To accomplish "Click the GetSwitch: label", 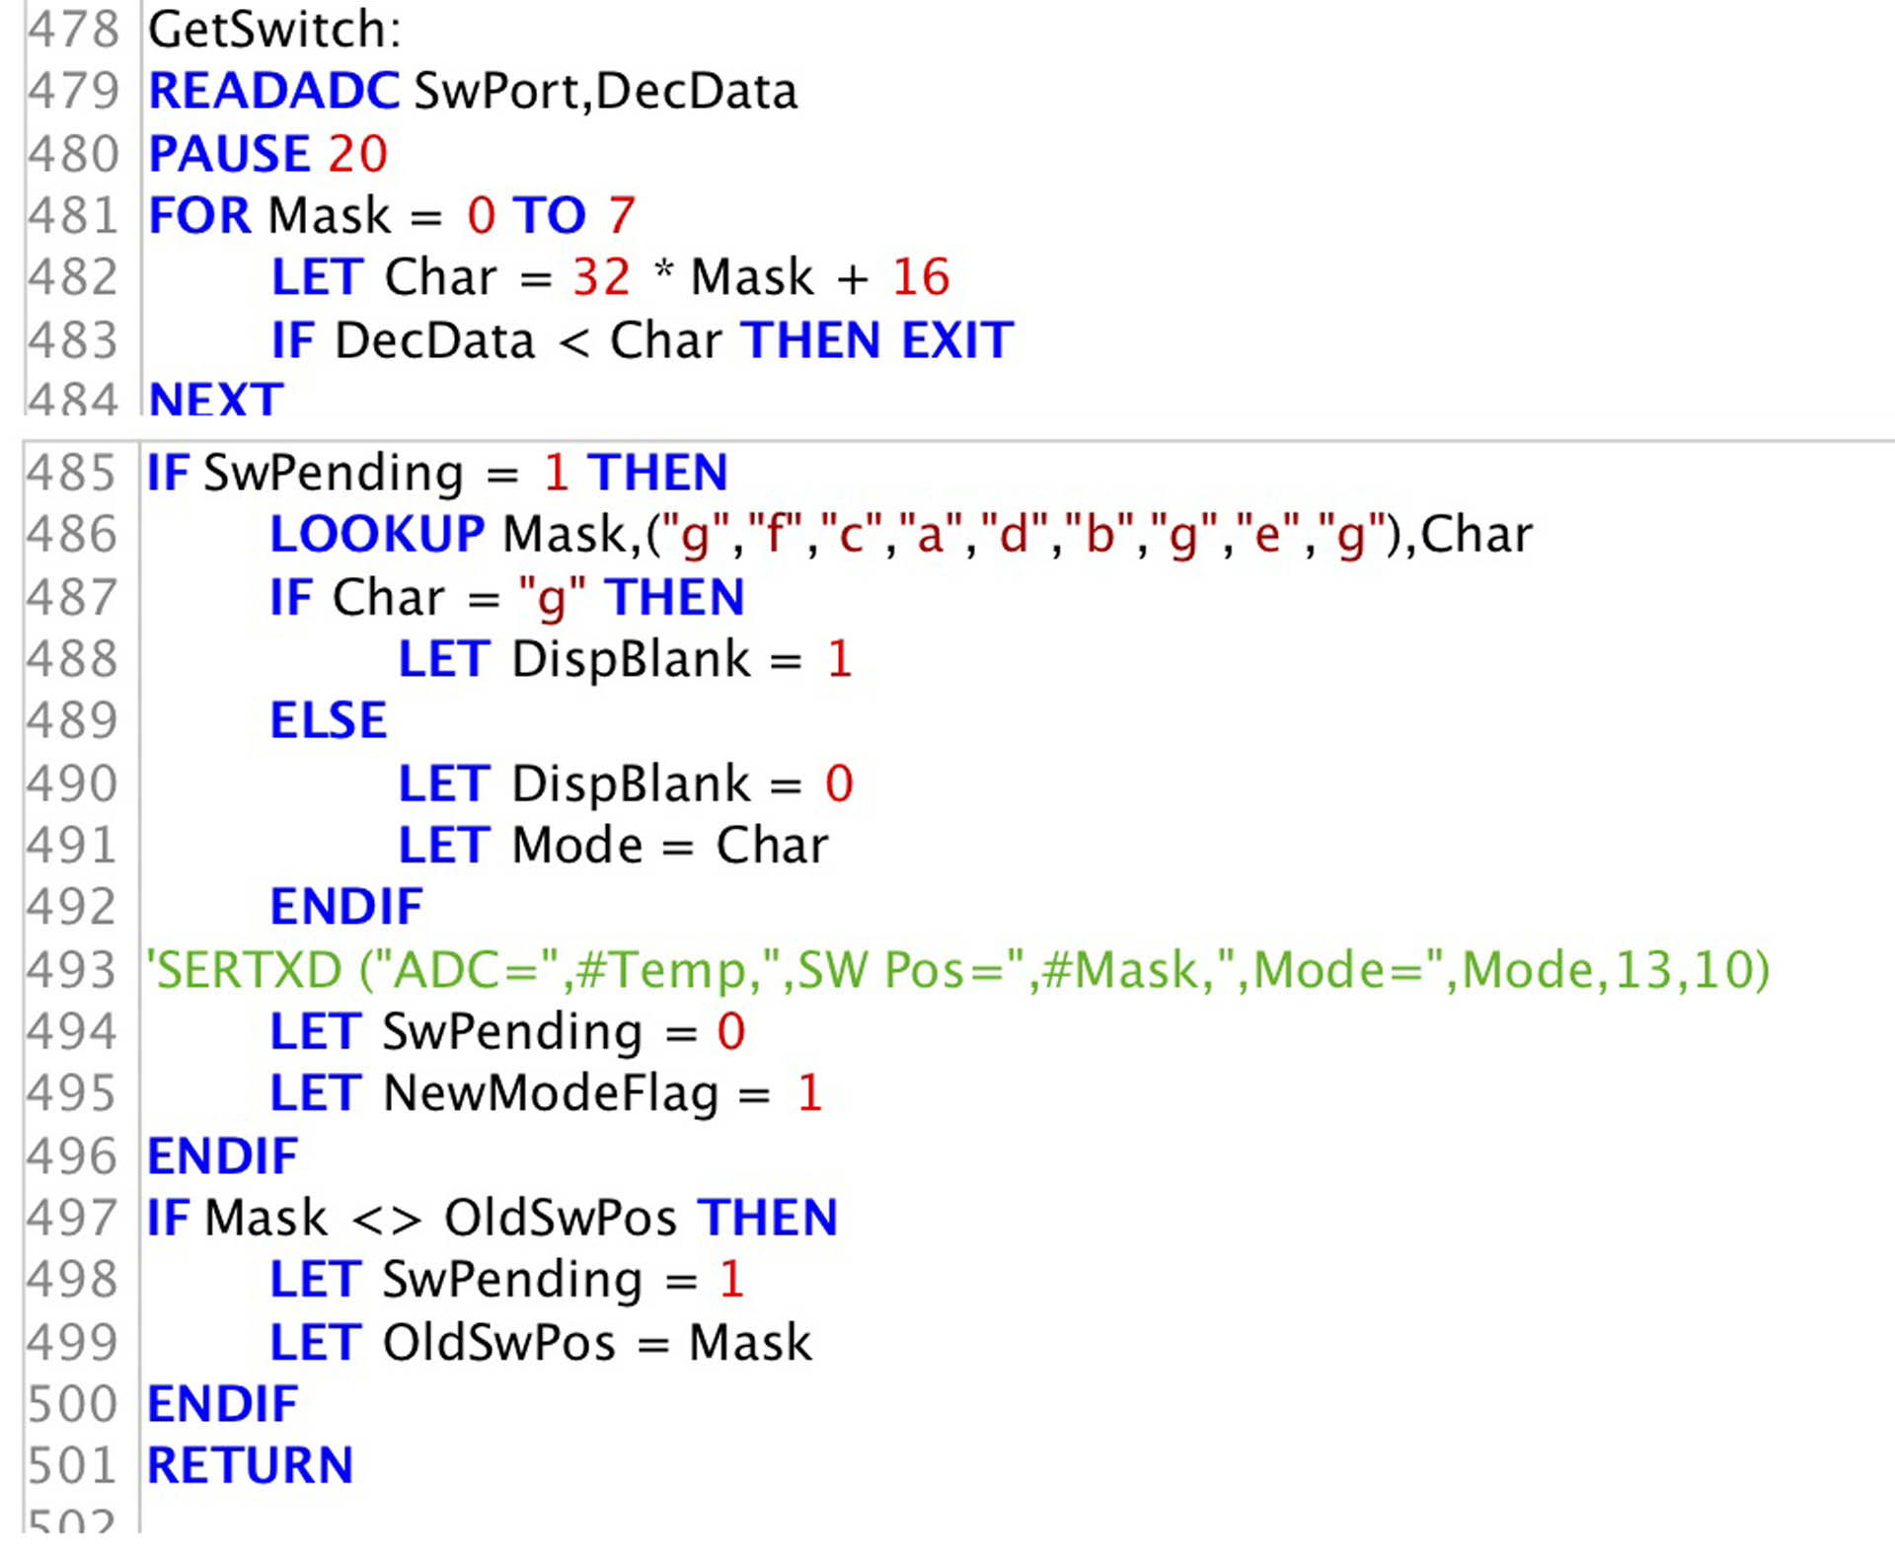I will pos(274,30).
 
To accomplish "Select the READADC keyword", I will pos(273,92).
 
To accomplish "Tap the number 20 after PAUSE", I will pos(357,154).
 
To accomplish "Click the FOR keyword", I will pos(199,216).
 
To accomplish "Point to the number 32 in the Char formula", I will pos(601,277).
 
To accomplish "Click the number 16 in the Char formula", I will pos(920,277).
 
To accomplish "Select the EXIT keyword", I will pos(957,340).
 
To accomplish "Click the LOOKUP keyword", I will pos(377,535).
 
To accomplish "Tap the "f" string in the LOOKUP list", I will pos(778,535).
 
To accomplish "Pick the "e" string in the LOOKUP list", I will pos(1265,535).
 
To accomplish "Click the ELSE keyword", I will pos(328,720).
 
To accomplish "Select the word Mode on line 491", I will pos(576,846).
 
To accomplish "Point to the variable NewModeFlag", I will pos(550,1093).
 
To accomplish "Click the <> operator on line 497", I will pos(386,1219).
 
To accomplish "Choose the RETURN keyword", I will pos(250,1465).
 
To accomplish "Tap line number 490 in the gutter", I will pos(72,784).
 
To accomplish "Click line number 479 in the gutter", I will pos(72,92).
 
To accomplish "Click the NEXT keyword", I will pos(215,400).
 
